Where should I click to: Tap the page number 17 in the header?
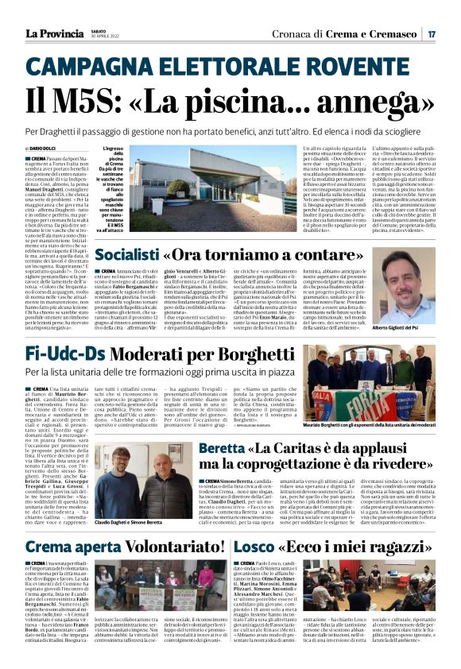tap(431, 33)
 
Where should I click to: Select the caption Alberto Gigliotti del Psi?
tap(402, 327)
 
